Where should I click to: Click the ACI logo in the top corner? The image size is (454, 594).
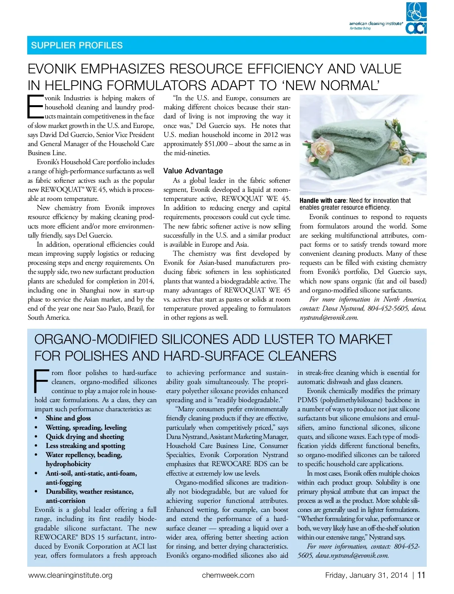pyautogui.click(x=416, y=18)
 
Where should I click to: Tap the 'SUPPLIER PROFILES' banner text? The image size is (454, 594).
pyautogui.click(x=77, y=45)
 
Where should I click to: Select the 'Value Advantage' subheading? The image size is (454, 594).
pyautogui.click(x=193, y=171)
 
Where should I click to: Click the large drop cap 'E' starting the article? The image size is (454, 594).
pyautogui.click(x=35, y=106)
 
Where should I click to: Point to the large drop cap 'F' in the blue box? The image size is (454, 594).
pyautogui.click(x=42, y=381)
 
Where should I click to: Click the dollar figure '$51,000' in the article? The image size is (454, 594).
pyautogui.click(x=216, y=144)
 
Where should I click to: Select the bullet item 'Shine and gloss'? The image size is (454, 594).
pyautogui.click(x=68, y=418)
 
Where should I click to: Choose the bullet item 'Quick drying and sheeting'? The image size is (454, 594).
pyautogui.click(x=85, y=437)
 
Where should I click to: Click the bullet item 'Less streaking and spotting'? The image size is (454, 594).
pyautogui.click(x=85, y=446)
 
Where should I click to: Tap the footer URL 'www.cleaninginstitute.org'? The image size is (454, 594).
pyautogui.click(x=70, y=575)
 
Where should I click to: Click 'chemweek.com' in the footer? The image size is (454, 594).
pyautogui.click(x=228, y=575)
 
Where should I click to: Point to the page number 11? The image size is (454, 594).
pyautogui.click(x=421, y=575)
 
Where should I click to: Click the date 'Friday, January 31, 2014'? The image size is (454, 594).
pyautogui.click(x=366, y=575)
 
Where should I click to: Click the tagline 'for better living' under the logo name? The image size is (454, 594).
pyautogui.click(x=360, y=28)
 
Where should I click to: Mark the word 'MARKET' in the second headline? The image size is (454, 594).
pyautogui.click(x=365, y=339)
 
